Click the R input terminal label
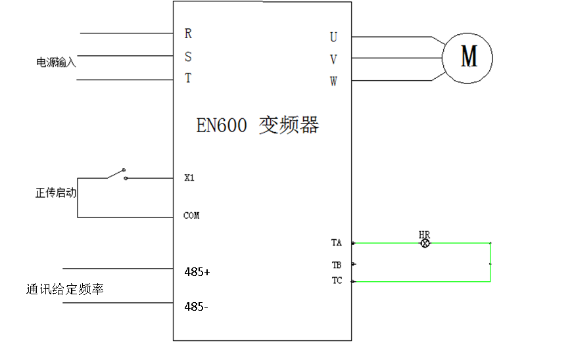point(188,33)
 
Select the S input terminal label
point(188,57)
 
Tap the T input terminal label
point(188,78)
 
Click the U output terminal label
point(333,37)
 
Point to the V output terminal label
point(333,60)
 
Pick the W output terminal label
point(333,82)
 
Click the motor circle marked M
point(467,58)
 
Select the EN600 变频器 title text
point(258,125)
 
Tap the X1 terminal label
point(189,177)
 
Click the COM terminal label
point(191,215)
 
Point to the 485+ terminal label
point(197,271)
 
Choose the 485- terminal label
point(196,306)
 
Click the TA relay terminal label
point(337,242)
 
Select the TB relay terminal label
point(337,265)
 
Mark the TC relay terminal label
point(337,281)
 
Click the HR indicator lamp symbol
point(425,242)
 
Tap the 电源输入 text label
point(56,62)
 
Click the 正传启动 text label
point(56,193)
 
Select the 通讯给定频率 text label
point(64,289)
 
